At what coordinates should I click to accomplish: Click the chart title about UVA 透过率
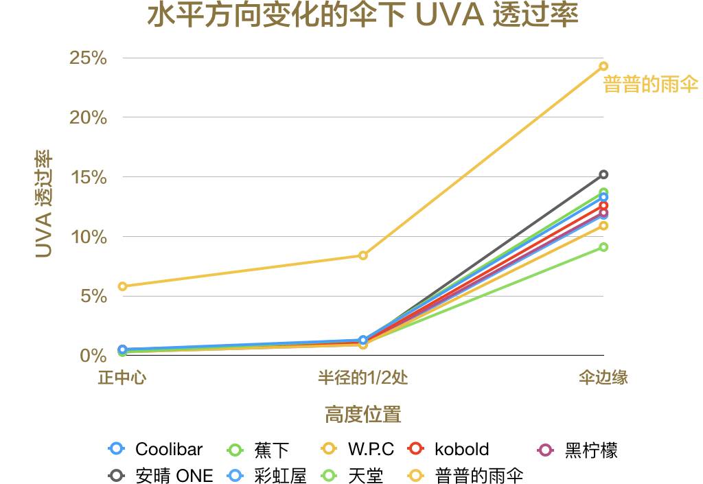(363, 16)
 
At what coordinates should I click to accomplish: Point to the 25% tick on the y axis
(89, 58)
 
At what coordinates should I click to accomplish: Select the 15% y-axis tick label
(89, 177)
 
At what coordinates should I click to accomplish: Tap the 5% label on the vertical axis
(93, 297)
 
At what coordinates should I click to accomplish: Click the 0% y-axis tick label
(93, 356)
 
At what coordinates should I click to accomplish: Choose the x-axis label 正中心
(122, 378)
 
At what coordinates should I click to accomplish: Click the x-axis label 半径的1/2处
(362, 378)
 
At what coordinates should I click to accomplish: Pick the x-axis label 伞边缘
(603, 378)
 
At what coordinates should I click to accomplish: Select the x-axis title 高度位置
(362, 415)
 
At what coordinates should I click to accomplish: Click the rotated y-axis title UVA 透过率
(44, 204)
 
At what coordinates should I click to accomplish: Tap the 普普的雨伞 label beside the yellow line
(650, 85)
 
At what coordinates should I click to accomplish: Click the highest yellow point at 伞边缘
(603, 67)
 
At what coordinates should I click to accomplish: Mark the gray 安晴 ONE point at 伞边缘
(603, 174)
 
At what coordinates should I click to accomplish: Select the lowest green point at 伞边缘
(603, 247)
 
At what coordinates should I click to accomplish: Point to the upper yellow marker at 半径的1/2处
(363, 255)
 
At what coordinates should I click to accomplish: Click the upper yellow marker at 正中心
(122, 286)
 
